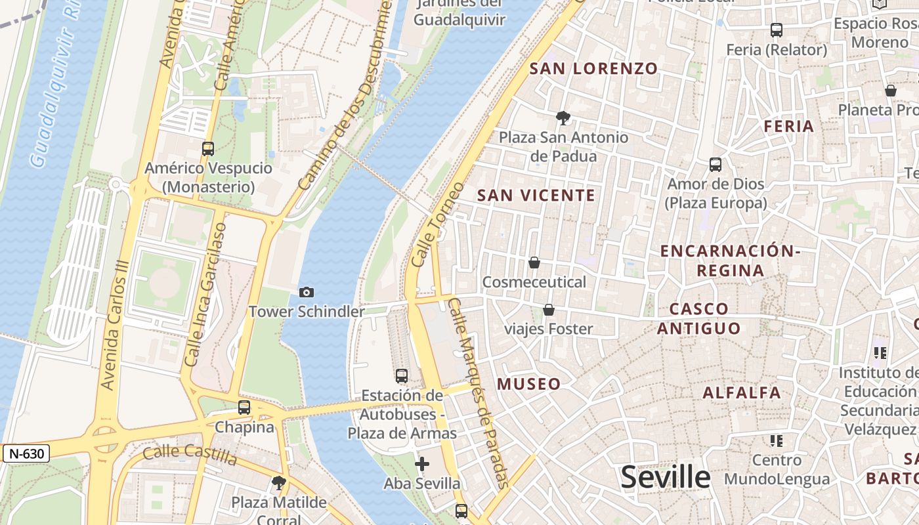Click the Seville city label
(665, 477)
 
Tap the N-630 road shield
(26, 453)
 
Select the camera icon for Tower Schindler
(306, 292)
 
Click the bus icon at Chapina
(244, 408)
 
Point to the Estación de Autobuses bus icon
(402, 376)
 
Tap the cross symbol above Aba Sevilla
(422, 465)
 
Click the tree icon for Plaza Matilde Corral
(278, 484)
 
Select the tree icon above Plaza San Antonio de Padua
(563, 118)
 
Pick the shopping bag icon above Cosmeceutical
(534, 262)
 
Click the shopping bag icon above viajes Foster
(548, 310)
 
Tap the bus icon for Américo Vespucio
(208, 149)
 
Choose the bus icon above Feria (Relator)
(777, 30)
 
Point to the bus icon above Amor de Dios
(716, 165)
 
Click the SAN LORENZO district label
(593, 68)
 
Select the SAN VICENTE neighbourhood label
(536, 195)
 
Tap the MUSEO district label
(529, 384)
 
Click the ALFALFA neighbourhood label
(742, 393)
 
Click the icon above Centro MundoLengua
(777, 440)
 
